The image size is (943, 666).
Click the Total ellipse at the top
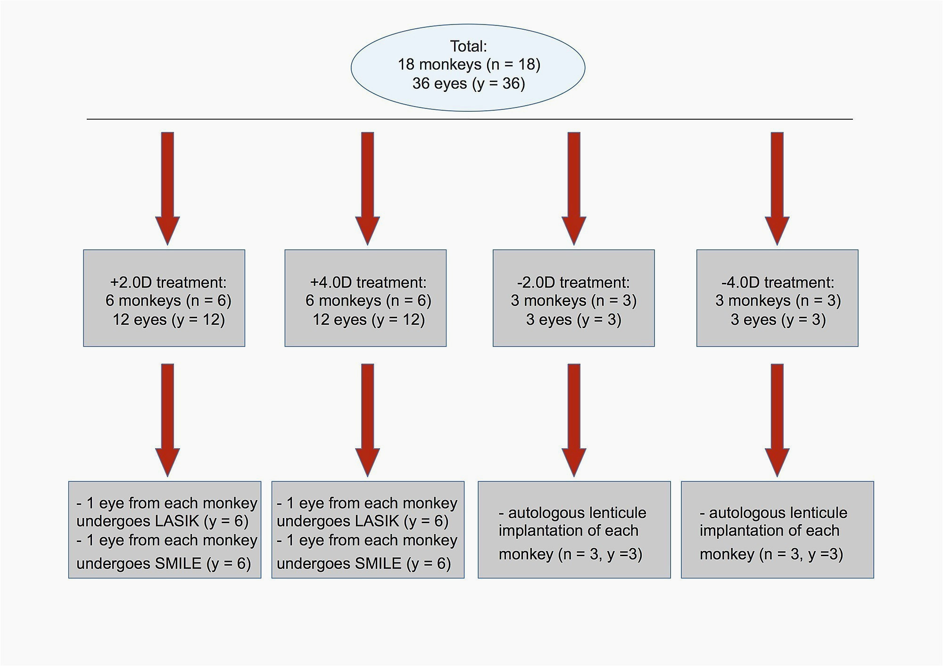468,68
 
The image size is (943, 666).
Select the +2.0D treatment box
164,298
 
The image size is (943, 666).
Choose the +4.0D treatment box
365,298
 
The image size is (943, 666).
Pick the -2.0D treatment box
574,298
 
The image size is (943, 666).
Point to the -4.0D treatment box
778,298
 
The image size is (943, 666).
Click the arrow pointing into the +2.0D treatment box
167,189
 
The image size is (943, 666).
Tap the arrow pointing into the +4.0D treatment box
367,189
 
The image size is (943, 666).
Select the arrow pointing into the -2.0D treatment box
574,189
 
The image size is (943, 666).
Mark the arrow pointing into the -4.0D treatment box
777,189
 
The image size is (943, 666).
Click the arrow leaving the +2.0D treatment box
167,420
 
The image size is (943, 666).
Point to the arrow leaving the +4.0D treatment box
367,420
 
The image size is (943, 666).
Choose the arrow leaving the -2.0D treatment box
574,420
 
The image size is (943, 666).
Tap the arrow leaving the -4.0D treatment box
777,420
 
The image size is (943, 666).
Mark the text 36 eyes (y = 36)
469,83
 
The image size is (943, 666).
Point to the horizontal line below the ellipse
470,119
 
